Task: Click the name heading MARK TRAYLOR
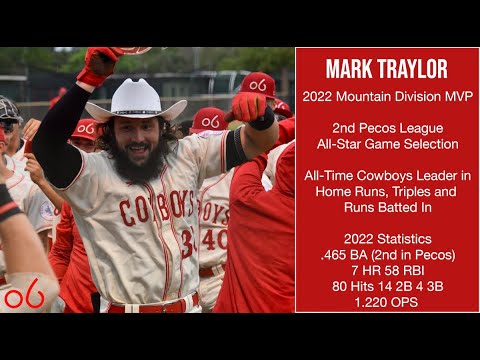(x=385, y=70)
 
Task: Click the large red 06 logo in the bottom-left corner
(x=22, y=296)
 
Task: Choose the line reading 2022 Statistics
(x=385, y=239)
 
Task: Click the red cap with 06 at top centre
(x=256, y=86)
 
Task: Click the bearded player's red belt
(x=150, y=306)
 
